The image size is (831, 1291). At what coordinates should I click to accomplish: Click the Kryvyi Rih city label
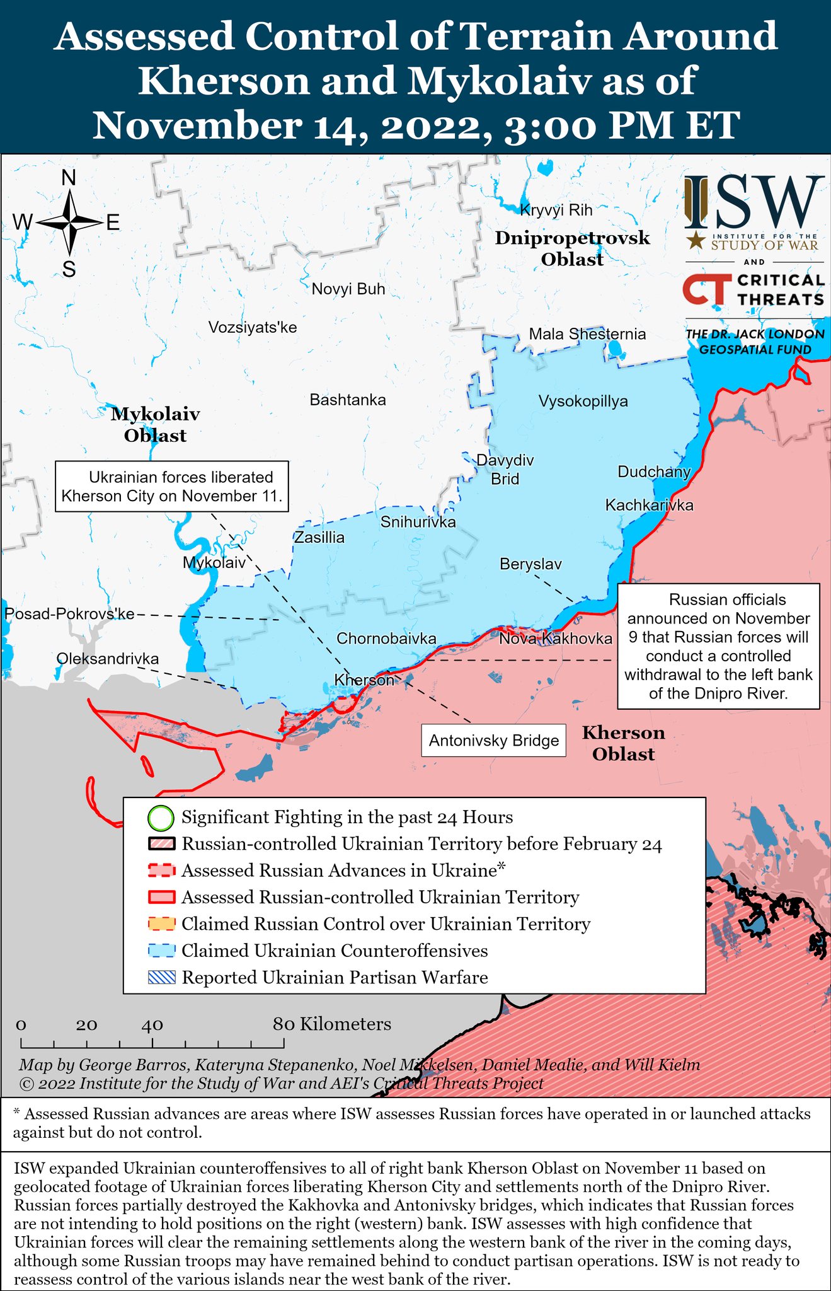pyautogui.click(x=556, y=210)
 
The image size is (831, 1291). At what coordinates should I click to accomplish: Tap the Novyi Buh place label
pyautogui.click(x=348, y=289)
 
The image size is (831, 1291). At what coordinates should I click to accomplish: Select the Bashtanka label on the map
pyautogui.click(x=348, y=400)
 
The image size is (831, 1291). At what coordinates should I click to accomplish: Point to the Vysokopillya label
pyautogui.click(x=583, y=402)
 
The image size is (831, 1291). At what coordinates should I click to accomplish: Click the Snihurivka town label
pyautogui.click(x=418, y=522)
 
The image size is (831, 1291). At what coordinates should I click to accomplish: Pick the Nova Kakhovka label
pyautogui.click(x=555, y=639)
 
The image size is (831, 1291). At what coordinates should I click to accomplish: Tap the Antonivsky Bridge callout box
pyautogui.click(x=493, y=740)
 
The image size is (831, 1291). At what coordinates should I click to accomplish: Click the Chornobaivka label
pyautogui.click(x=386, y=639)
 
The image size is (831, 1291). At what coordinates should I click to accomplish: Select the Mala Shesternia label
pyautogui.click(x=587, y=334)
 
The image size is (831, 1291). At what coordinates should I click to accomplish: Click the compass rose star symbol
pyautogui.click(x=69, y=222)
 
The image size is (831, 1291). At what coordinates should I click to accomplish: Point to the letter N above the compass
pyautogui.click(x=69, y=178)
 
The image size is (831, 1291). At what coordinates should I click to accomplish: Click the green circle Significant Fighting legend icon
pyautogui.click(x=160, y=818)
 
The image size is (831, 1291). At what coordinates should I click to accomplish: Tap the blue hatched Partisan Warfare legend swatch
pyautogui.click(x=161, y=978)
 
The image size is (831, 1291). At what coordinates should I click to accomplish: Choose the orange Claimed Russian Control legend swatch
pyautogui.click(x=161, y=924)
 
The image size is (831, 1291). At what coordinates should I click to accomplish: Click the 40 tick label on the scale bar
pyautogui.click(x=152, y=1025)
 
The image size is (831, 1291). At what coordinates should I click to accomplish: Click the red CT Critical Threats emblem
pyautogui.click(x=707, y=289)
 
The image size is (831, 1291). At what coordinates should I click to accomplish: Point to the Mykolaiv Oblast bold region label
pyautogui.click(x=155, y=424)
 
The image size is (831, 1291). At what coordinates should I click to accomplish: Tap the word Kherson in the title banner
pyautogui.click(x=224, y=81)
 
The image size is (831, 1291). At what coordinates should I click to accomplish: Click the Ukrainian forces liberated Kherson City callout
pyautogui.click(x=172, y=486)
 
